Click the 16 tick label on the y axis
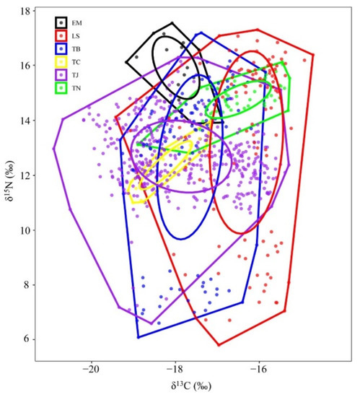(x=27, y=66)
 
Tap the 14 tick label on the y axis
(x=27, y=121)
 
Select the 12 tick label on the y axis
(x=27, y=175)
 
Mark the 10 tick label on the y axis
(x=27, y=230)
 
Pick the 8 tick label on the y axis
(x=29, y=285)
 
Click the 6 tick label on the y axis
(x=29, y=339)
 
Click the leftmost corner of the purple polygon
(x=53, y=149)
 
